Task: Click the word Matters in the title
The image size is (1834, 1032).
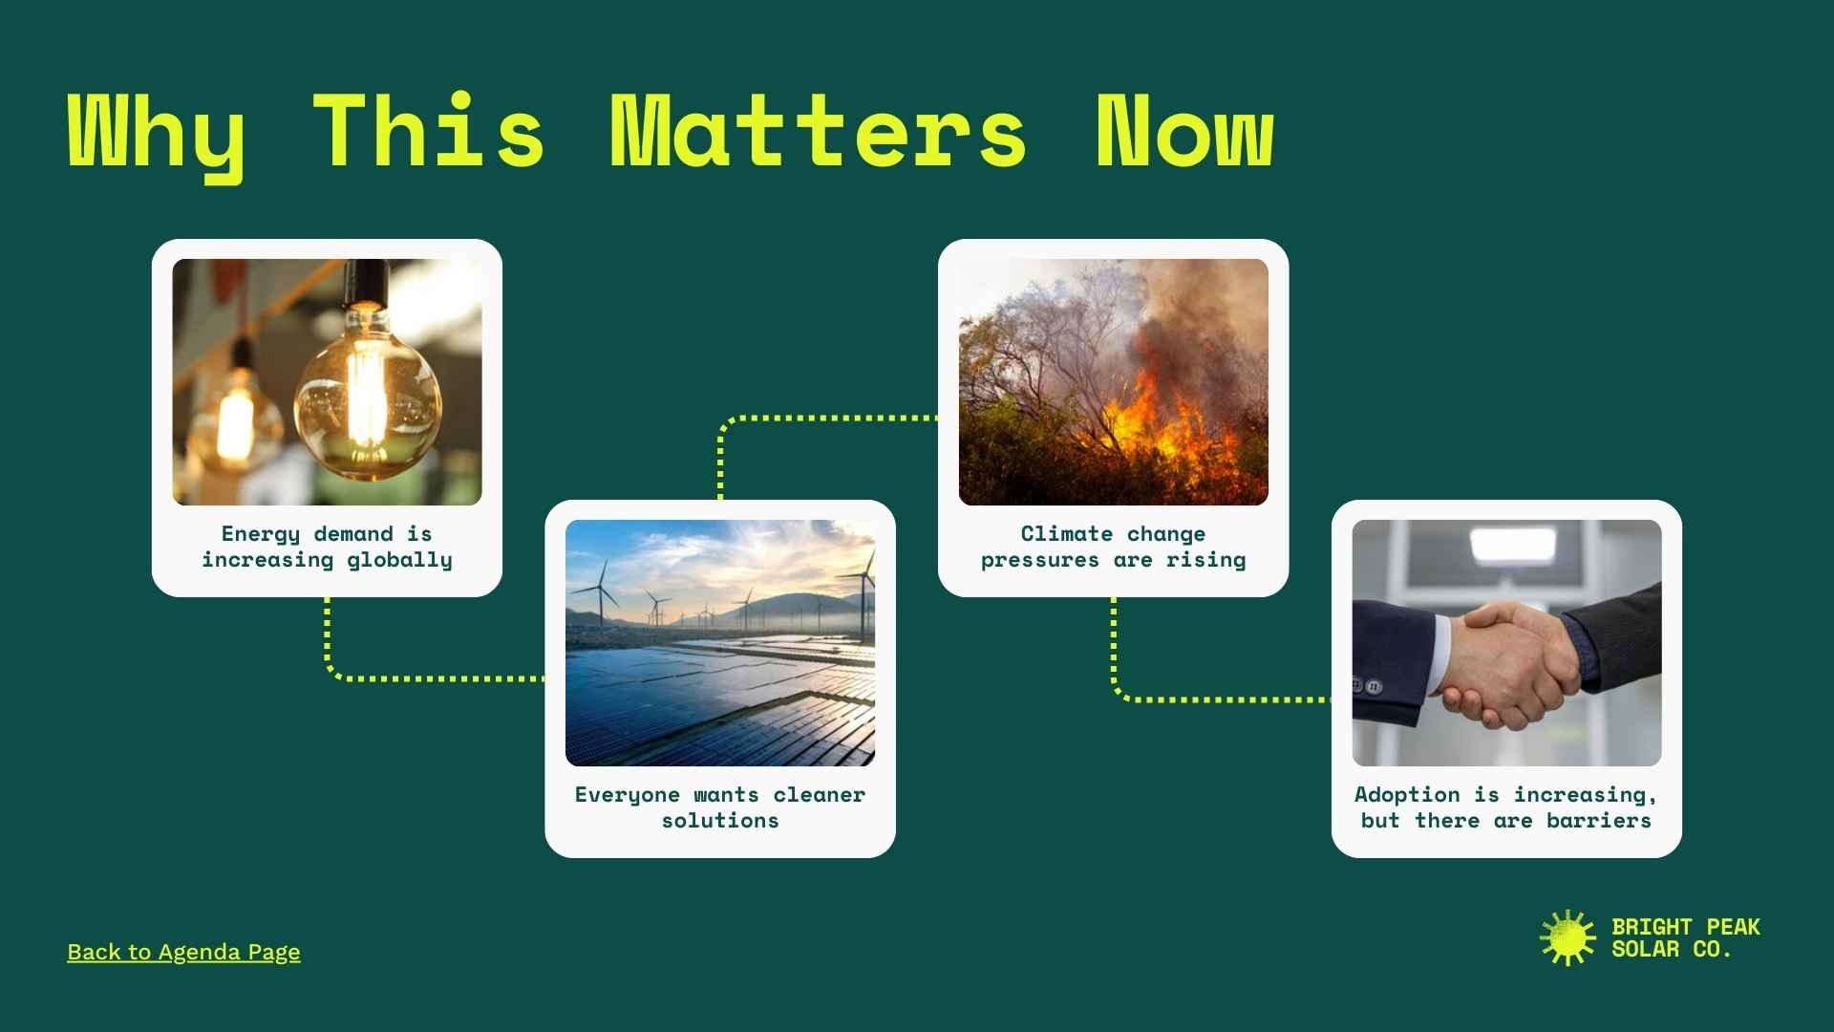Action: pyautogui.click(x=818, y=132)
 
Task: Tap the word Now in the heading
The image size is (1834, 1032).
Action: pyautogui.click(x=1184, y=132)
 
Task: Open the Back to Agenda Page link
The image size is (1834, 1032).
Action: pyautogui.click(x=183, y=952)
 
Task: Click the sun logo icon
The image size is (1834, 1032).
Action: pyautogui.click(x=1567, y=937)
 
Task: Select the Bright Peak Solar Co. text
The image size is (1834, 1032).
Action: pyautogui.click(x=1685, y=937)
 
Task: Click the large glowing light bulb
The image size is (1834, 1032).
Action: pyautogui.click(x=368, y=392)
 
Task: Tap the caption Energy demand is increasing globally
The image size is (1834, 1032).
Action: pyautogui.click(x=327, y=547)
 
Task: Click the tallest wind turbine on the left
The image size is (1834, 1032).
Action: pyautogui.click(x=602, y=592)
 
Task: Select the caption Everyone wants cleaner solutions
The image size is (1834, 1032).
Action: pyautogui.click(x=720, y=807)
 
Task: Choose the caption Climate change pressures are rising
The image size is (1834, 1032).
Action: pyautogui.click(x=1113, y=547)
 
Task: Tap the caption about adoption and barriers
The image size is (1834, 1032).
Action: pyautogui.click(x=1505, y=807)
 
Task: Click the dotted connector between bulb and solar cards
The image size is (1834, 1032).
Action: pyautogui.click(x=430, y=678)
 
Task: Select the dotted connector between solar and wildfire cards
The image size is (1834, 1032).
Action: pyautogui.click(x=821, y=418)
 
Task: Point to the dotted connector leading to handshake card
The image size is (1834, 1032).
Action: pyautogui.click(x=1223, y=699)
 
